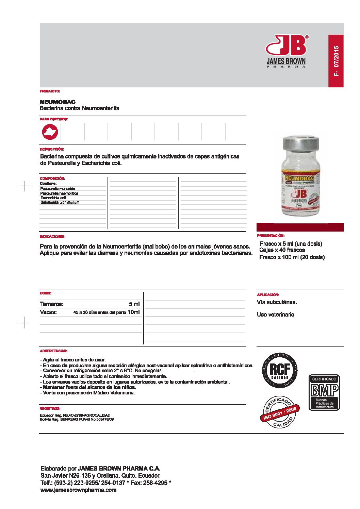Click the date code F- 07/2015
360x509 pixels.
336,61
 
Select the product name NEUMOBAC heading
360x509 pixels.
58,102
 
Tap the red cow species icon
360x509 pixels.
50,132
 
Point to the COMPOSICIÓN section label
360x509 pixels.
52,179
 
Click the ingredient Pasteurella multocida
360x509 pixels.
58,189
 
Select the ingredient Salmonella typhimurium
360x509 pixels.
60,202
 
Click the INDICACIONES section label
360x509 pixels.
53,237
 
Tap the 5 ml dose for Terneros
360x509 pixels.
134,304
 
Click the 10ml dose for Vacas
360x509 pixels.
133,312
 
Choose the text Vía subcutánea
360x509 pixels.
277,302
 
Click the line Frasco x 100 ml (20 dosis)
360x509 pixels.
292,257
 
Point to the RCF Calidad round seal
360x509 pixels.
280,371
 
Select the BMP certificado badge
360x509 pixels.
324,392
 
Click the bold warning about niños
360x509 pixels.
89,387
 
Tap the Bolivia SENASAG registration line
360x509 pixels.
77,420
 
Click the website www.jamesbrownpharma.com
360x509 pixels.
78,490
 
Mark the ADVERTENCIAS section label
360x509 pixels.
53,351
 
